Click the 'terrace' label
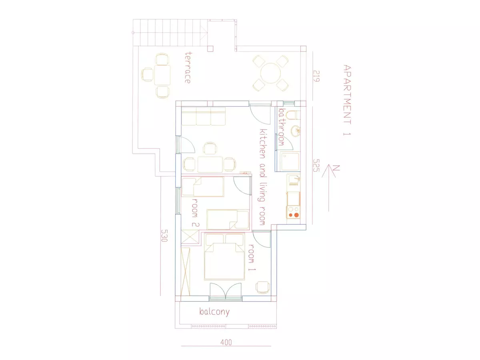click(188, 68)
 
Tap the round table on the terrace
click(270, 73)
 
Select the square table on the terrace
click(162, 75)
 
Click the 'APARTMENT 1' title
click(347, 100)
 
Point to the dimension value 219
click(316, 76)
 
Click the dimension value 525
click(316, 165)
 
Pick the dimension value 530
click(164, 236)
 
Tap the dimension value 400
click(226, 342)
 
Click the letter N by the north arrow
click(336, 168)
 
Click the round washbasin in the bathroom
click(296, 131)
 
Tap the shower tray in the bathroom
click(290, 162)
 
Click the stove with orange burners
click(294, 212)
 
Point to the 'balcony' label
click(214, 312)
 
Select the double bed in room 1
click(224, 257)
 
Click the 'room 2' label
click(195, 212)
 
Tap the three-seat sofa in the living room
click(203, 116)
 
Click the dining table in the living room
click(210, 164)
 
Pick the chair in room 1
click(263, 288)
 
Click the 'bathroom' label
click(282, 127)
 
